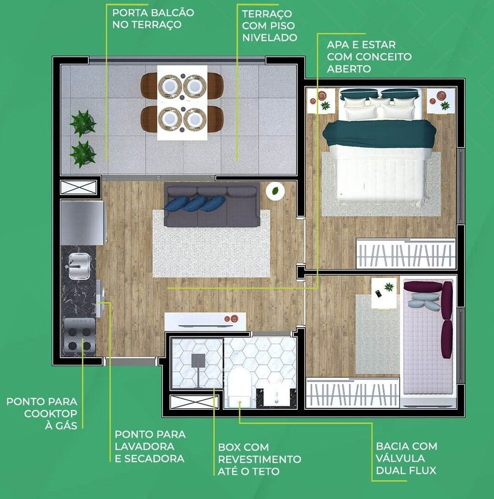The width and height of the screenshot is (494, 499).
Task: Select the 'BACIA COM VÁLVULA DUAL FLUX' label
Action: (407, 458)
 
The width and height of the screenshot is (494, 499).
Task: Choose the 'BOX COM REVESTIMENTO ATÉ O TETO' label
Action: (259, 459)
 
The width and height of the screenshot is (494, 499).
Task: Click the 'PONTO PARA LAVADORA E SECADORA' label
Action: (150, 447)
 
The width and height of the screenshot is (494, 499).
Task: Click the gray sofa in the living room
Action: (212, 205)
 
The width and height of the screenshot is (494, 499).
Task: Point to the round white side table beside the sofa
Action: (275, 190)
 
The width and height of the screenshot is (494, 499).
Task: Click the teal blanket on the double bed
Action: (379, 134)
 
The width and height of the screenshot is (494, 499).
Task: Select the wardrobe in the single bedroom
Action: (352, 393)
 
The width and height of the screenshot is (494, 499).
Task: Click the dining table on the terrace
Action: (182, 103)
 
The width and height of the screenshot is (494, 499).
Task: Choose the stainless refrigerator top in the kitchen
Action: (82, 223)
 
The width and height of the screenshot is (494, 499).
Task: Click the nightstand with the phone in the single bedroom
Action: (384, 291)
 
